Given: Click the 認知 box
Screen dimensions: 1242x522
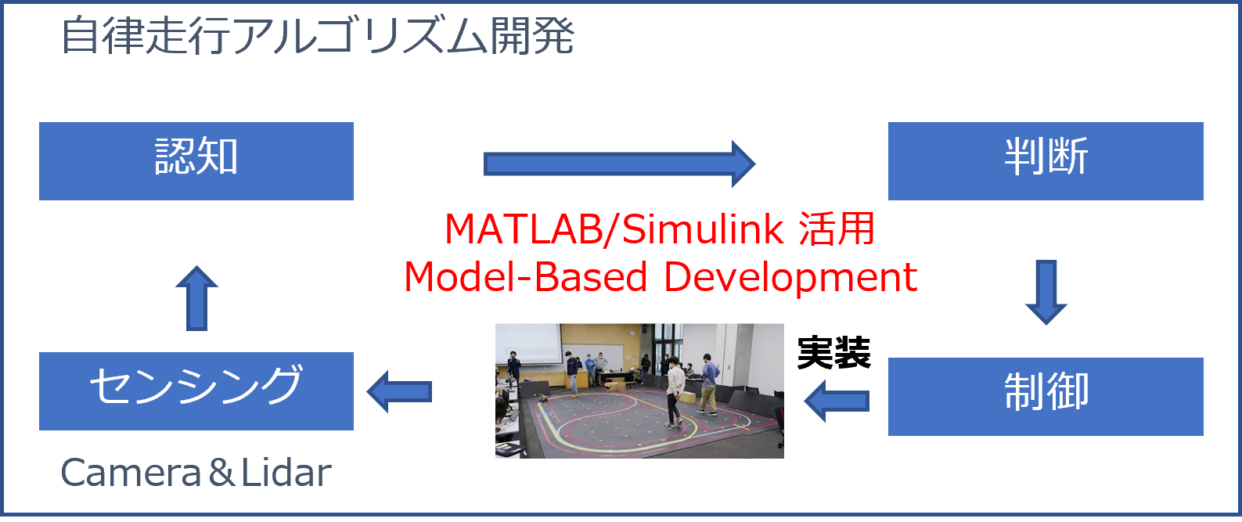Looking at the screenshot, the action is click(196, 161).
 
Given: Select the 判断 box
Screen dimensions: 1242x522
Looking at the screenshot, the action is click(1046, 161).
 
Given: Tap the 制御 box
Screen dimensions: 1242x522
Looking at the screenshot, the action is click(1046, 397).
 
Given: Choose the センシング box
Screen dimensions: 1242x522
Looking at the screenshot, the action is click(196, 391).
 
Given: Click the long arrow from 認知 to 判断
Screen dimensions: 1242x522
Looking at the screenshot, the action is click(619, 164).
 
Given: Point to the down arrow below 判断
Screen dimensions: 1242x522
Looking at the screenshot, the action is click(1046, 292).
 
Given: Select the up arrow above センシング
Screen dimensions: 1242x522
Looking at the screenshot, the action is click(197, 298).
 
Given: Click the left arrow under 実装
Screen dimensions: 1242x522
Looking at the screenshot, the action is click(837, 401).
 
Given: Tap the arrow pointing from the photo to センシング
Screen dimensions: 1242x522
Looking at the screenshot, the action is click(399, 391).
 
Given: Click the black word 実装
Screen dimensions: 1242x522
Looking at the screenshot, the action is click(834, 354).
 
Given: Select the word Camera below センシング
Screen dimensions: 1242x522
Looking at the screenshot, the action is click(131, 473).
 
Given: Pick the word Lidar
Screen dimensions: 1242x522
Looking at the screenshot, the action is click(286, 473).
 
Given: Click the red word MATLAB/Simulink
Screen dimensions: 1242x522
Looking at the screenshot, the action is click(614, 229).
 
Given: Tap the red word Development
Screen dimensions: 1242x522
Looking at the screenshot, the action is click(790, 278).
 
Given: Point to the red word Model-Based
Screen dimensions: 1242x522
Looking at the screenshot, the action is click(526, 277).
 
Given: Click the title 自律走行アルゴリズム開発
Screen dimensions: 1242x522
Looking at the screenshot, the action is click(318, 36).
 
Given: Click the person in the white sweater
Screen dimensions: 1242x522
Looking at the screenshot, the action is click(674, 391).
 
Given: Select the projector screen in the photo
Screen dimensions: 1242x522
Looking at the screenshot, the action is click(528, 344).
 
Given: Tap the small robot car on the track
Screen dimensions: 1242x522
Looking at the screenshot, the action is click(543, 398).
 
